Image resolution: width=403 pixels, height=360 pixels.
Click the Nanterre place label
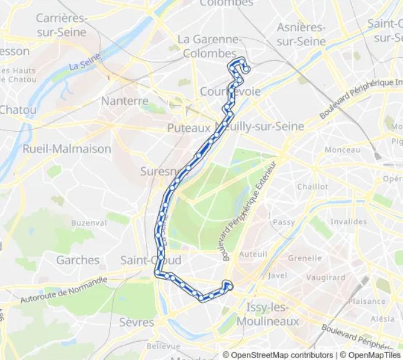(x=124, y=101)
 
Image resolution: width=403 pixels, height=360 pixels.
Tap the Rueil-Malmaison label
(x=66, y=149)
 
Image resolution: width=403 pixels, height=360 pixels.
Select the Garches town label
(x=78, y=260)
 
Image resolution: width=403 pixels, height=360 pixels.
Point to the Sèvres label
(x=137, y=322)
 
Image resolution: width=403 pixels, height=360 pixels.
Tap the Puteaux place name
(x=189, y=128)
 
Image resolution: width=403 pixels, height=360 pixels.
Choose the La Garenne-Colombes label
(x=209, y=46)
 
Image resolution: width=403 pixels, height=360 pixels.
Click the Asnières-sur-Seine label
(x=301, y=34)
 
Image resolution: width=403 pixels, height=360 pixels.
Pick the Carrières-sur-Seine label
(x=62, y=25)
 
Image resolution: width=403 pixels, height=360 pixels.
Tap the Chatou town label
(x=18, y=109)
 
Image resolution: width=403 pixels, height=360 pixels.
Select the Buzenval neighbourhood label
(x=89, y=223)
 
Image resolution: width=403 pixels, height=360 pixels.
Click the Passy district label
(x=284, y=222)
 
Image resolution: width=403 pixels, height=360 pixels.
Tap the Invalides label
(x=349, y=222)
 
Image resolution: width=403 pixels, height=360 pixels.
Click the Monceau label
(x=342, y=150)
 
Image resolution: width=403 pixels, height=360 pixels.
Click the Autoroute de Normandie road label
(x=64, y=290)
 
